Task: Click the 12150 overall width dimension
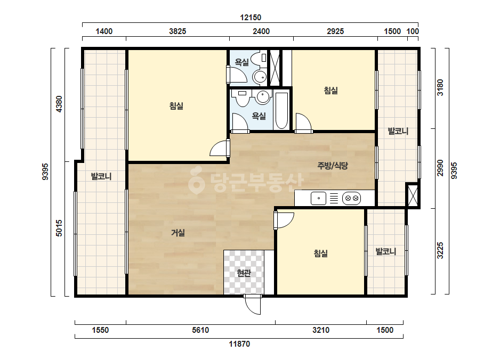251,18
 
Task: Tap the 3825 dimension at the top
178,31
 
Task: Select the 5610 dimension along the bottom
200,330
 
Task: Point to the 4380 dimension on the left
59,104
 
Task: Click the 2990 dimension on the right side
440,168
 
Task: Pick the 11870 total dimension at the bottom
239,344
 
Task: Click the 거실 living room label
178,233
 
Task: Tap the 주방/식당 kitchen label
333,166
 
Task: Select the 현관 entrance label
244,273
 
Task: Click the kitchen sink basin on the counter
318,198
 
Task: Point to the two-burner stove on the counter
351,198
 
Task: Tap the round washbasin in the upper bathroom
260,76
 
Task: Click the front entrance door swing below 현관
253,304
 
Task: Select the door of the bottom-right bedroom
284,221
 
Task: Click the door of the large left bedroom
220,148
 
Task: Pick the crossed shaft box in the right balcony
412,195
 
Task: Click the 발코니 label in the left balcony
101,176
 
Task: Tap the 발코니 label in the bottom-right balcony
386,251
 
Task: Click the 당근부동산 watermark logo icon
196,181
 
